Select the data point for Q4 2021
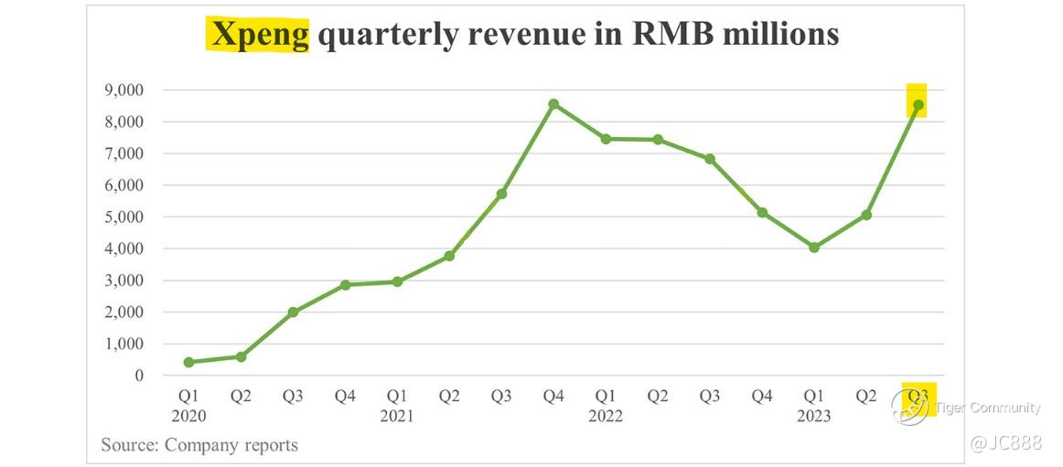click(x=553, y=104)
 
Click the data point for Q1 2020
click(x=188, y=362)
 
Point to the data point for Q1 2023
click(x=814, y=247)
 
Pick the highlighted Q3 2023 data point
click(x=918, y=105)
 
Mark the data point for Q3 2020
click(x=293, y=312)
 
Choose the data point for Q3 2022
click(x=710, y=159)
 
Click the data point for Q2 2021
click(x=449, y=256)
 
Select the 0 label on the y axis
click(x=138, y=376)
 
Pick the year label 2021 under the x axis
click(x=397, y=416)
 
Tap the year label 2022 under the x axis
click(x=606, y=416)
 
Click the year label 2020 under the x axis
click(x=188, y=416)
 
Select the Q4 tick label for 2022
click(x=762, y=397)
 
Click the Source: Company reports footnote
click(x=199, y=445)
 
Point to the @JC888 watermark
click(x=1005, y=443)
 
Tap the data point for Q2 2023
click(x=866, y=215)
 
